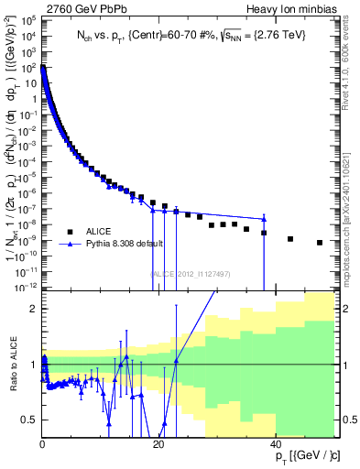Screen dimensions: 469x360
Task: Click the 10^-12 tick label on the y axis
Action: pos(26,286)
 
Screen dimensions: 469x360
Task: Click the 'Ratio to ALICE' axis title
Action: pos(13,365)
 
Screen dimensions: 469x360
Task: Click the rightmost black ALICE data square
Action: pos(320,243)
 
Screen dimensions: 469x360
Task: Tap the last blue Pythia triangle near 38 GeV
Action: pos(264,218)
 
